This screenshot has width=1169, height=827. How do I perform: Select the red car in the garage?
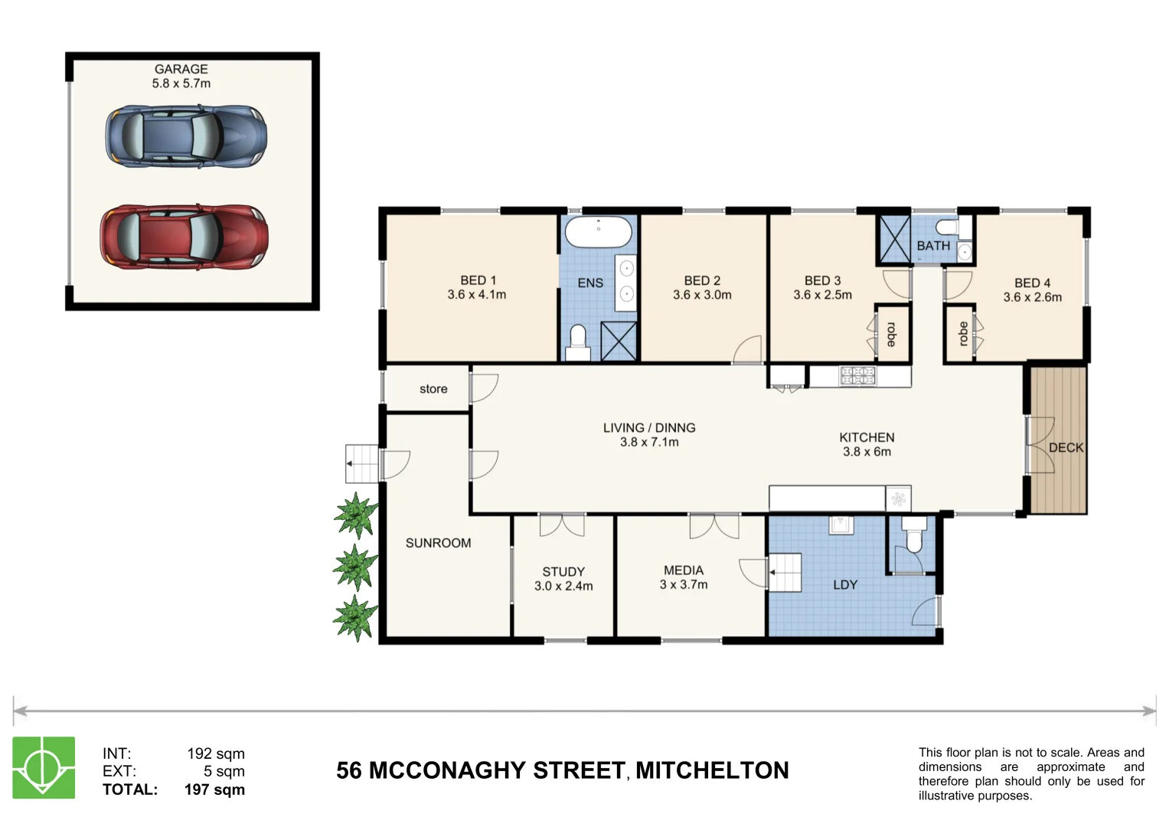tap(184, 237)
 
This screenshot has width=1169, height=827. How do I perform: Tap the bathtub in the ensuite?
tap(598, 231)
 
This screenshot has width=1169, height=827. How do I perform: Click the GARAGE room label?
tap(181, 69)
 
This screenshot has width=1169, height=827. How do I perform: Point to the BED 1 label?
tap(478, 280)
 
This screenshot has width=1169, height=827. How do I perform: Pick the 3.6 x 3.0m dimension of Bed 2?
tap(702, 295)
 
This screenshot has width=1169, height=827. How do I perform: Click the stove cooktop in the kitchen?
tap(857, 376)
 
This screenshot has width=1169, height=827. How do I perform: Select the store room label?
tap(433, 389)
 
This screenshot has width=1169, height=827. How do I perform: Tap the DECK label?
tap(1066, 447)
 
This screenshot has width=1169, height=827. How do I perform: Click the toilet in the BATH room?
tap(947, 227)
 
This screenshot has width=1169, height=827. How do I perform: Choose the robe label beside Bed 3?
tap(891, 335)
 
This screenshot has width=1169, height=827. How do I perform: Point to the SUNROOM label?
tap(439, 543)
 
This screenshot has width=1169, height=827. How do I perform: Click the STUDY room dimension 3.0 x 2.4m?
tap(563, 586)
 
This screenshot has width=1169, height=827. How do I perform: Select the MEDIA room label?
tap(684, 570)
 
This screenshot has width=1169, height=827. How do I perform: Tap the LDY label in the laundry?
tap(845, 585)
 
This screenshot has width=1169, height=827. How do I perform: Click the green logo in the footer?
tap(44, 767)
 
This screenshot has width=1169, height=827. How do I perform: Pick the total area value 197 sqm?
tap(214, 789)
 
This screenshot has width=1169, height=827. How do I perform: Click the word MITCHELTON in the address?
tap(713, 770)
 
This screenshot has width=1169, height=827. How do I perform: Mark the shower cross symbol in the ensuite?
tap(619, 341)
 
